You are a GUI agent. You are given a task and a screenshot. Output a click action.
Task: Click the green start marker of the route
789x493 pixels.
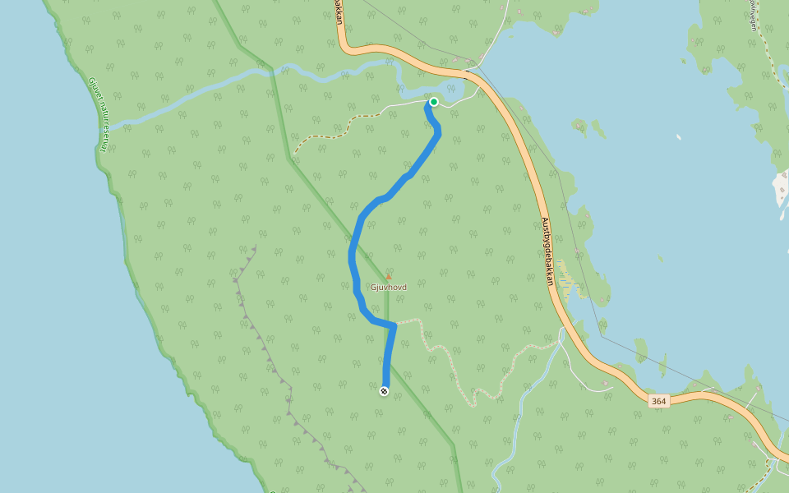tap(433, 102)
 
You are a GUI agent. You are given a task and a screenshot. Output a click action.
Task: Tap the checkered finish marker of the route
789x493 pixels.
tap(384, 391)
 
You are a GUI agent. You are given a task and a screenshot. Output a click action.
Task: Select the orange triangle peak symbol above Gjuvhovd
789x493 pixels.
tap(389, 276)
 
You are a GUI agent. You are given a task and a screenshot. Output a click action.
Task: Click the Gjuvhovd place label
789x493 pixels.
tap(389, 288)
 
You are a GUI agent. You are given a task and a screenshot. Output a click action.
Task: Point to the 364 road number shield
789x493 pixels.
tap(657, 401)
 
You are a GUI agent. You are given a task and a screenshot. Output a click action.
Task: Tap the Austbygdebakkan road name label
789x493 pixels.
tap(547, 251)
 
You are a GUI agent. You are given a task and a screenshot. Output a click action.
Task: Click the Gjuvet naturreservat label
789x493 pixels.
tap(99, 114)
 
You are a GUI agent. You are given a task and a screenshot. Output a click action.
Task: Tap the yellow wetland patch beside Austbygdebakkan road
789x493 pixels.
tap(568, 279)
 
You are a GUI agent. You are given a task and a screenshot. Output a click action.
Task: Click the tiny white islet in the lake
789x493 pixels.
tap(678, 137)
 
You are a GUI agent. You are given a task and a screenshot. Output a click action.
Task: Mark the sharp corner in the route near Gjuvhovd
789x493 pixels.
tap(395, 325)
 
